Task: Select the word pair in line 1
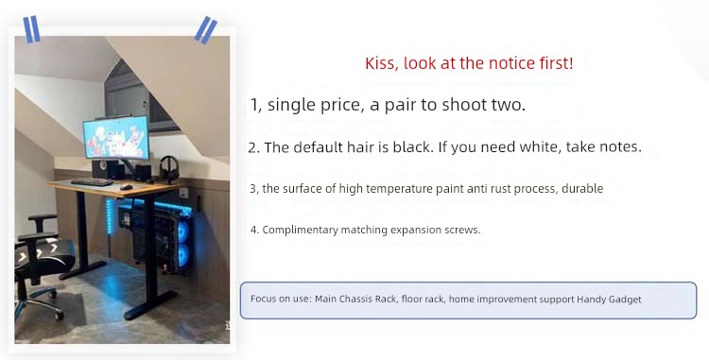click(x=401, y=105)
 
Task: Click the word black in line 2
click(x=413, y=147)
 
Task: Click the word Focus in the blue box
click(x=262, y=299)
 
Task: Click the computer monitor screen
click(x=116, y=137)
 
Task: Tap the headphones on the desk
click(x=169, y=169)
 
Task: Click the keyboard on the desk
click(x=92, y=182)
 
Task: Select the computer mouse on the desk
click(x=126, y=186)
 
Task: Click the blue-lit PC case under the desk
click(x=166, y=235)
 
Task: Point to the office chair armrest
click(x=42, y=219)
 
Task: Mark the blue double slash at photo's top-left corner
click(x=31, y=30)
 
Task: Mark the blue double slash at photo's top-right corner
click(x=206, y=30)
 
